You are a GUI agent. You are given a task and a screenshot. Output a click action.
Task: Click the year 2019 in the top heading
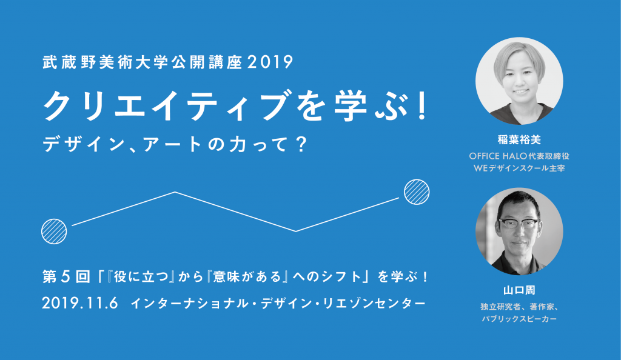(271, 62)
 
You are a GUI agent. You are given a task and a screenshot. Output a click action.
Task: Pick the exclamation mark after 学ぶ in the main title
(423, 107)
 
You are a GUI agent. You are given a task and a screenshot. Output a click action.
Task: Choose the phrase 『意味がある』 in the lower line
(243, 276)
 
